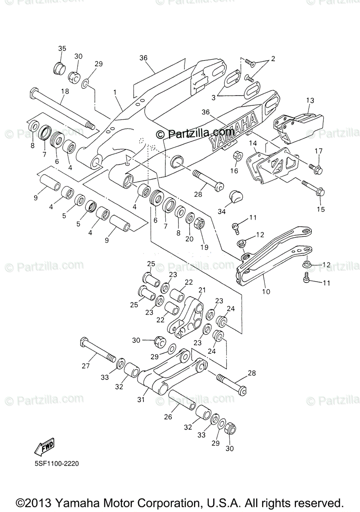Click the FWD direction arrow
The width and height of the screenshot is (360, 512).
[44, 446]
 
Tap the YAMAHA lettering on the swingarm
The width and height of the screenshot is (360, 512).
[233, 130]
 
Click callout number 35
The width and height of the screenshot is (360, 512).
[62, 48]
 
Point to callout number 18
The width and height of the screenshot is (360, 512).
[64, 91]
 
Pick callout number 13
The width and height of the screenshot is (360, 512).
[310, 100]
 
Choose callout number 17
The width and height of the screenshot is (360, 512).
[319, 151]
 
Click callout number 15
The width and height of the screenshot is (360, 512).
[321, 209]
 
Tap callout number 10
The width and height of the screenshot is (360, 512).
[266, 292]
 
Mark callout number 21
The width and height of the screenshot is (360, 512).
[202, 290]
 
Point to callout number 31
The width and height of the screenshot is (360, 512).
[141, 400]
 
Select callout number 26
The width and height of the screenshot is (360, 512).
[168, 416]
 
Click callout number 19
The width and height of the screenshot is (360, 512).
[204, 247]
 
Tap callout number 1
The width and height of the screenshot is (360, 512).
[114, 92]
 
